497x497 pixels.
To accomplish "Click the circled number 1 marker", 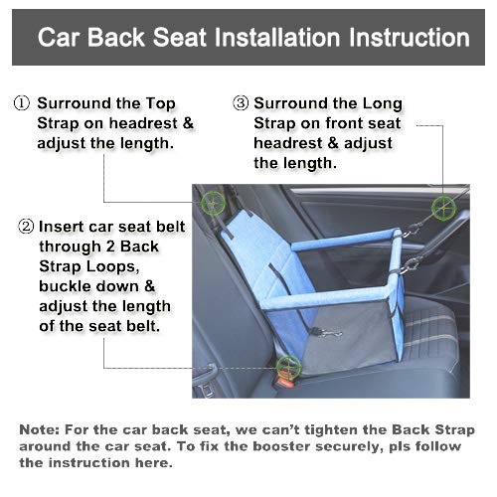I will point(21,103).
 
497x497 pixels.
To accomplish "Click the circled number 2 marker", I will point(26,226).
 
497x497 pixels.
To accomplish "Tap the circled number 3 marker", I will point(241,103).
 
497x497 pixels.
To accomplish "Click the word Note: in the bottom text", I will point(45,429).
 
